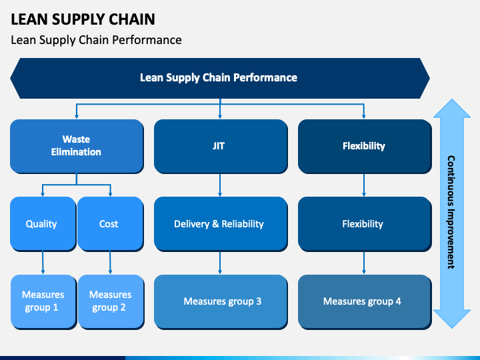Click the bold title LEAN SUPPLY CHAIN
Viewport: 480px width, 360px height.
(x=83, y=19)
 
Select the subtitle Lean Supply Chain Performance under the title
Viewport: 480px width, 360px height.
(x=96, y=40)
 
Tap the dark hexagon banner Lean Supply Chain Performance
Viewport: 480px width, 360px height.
(x=220, y=78)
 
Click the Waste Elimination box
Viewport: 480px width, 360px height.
(x=77, y=146)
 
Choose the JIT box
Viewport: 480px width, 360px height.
(x=221, y=146)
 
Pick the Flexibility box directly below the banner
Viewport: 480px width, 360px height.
(x=365, y=146)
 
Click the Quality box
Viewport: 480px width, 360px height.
(x=43, y=224)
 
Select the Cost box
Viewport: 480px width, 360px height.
(x=111, y=224)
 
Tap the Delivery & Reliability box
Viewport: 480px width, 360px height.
(x=221, y=224)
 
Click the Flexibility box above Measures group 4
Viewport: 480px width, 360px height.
(x=365, y=224)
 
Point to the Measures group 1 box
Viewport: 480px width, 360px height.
(x=43, y=301)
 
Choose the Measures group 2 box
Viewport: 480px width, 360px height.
(x=111, y=301)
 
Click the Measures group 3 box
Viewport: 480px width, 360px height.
(x=221, y=301)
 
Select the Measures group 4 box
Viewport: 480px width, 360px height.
(x=365, y=301)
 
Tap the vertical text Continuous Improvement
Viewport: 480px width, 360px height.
(x=451, y=212)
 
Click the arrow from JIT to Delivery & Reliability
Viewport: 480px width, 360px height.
(x=220, y=185)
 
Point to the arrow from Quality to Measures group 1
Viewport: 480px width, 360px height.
(x=43, y=263)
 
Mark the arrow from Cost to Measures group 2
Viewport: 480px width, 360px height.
(x=110, y=263)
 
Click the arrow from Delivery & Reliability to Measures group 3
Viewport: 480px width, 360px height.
(x=220, y=263)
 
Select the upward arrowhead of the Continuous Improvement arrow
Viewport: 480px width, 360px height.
(x=452, y=109)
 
